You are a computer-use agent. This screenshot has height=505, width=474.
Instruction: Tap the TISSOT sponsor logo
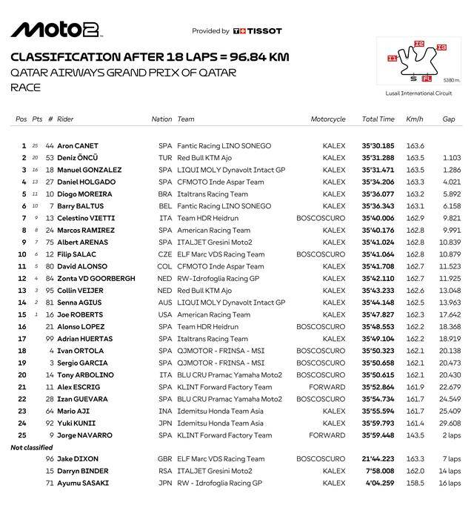pyautogui.click(x=258, y=31)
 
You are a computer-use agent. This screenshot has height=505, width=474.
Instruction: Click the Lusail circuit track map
pyautogui.click(x=415, y=63)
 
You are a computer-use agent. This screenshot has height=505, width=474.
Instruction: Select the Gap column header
pyautogui.click(x=449, y=119)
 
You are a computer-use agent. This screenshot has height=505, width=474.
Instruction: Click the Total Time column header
pyautogui.click(x=378, y=119)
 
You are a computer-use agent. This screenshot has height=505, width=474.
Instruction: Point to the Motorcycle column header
pyautogui.click(x=328, y=119)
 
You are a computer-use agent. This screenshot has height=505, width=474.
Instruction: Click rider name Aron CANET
pyautogui.click(x=78, y=146)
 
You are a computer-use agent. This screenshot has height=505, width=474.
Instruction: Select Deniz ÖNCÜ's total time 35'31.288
pyautogui.click(x=378, y=158)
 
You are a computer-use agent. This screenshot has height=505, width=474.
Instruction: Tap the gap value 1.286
pyautogui.click(x=451, y=170)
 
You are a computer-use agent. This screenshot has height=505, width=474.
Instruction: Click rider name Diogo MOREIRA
pyautogui.click(x=84, y=194)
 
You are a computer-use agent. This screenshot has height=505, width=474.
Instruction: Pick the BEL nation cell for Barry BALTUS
pyautogui.click(x=164, y=206)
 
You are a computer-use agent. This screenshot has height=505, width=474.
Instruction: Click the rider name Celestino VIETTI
pyautogui.click(x=84, y=218)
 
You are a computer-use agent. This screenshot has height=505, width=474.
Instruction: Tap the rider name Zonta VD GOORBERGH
pyautogui.click(x=96, y=278)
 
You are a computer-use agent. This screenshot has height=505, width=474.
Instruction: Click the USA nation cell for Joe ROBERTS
pyautogui.click(x=164, y=314)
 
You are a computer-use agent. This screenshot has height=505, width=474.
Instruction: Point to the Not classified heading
pyautogui.click(x=31, y=447)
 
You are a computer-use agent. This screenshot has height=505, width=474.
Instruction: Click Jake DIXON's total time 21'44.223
pyautogui.click(x=378, y=459)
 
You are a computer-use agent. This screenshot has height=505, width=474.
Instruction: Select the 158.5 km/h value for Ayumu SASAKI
pyautogui.click(x=415, y=483)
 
